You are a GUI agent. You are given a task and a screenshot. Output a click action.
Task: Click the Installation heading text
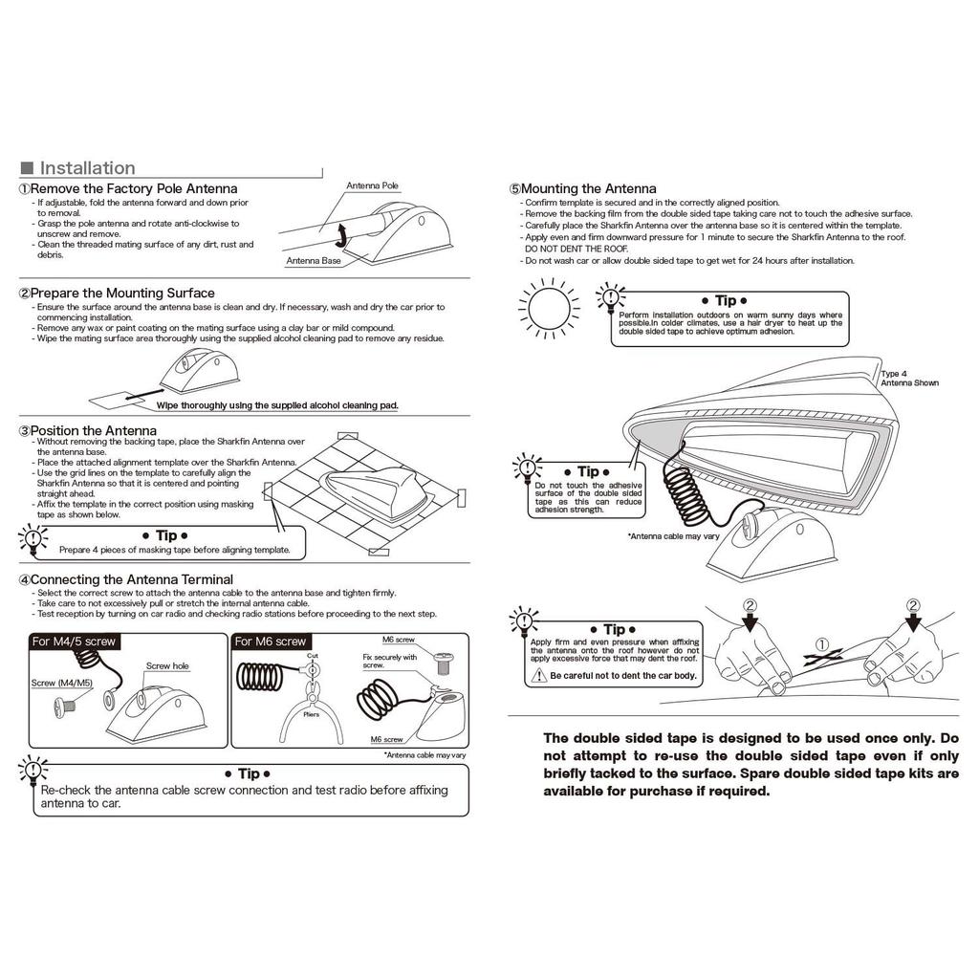coord(87,168)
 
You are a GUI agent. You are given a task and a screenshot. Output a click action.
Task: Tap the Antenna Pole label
coord(372,185)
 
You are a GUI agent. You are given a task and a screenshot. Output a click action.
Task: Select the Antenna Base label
coord(314,260)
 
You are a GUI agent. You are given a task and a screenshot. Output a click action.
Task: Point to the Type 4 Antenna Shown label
coord(909,379)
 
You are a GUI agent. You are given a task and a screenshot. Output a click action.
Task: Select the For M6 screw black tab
coord(271,642)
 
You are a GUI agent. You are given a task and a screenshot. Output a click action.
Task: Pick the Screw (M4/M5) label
coord(62,683)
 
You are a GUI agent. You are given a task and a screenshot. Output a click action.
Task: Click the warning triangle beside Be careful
coord(539,676)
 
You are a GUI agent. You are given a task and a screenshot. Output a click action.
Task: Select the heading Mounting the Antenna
coord(588,189)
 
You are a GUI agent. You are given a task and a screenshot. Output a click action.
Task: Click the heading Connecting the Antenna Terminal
coord(131,579)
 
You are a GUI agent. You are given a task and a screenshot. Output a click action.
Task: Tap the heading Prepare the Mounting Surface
coord(121,293)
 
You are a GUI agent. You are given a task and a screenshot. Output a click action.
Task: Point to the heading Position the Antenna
coord(93,431)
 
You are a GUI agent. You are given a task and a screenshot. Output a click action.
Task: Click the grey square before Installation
coord(27,168)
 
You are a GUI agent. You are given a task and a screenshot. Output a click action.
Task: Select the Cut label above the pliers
coord(312,656)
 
